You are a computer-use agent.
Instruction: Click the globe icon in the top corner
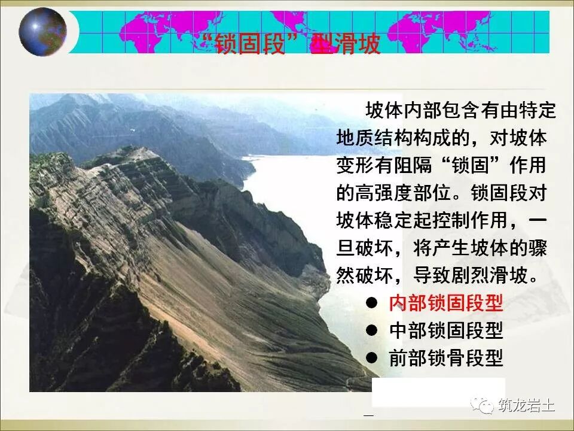tap(42, 32)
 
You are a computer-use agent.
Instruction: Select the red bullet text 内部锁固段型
tap(445, 303)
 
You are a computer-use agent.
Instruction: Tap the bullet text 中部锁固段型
tap(445, 330)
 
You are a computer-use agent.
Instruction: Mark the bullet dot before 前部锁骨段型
tap(372, 357)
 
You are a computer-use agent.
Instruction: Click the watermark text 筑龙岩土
tap(526, 406)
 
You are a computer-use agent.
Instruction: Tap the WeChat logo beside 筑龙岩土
tap(483, 405)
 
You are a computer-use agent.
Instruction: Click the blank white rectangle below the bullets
tap(438, 392)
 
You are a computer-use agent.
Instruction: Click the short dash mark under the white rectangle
tap(368, 415)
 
